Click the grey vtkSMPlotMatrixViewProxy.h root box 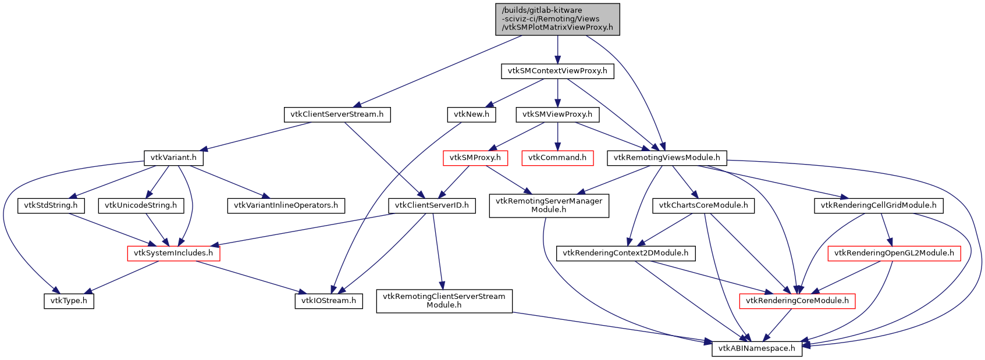coord(557,19)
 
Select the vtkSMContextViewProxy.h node coord(557,72)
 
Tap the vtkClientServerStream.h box coord(337,115)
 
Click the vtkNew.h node coord(471,115)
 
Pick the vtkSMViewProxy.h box coord(557,115)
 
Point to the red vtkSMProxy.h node coord(475,158)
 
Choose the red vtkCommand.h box coord(557,158)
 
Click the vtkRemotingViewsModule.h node coord(667,158)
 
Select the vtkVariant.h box coord(173,158)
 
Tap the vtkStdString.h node coord(51,205)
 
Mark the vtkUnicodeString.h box coord(141,205)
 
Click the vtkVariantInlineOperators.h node coord(286,205)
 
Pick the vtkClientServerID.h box coord(432,205)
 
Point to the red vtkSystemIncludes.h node coord(173,253)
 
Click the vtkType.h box coord(69,301)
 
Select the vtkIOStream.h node coord(329,301)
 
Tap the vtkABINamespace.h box coord(757,348)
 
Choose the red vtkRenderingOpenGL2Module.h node coord(894,253)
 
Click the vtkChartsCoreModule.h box coord(703,205)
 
